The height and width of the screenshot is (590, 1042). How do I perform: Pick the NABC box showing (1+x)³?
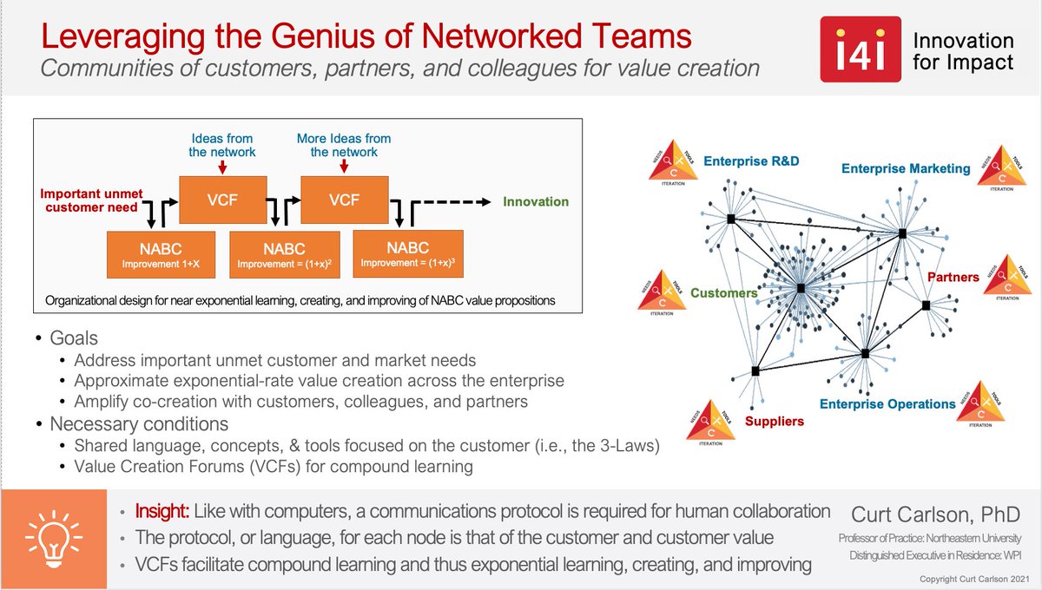(407, 253)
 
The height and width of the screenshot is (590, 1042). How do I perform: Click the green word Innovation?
(536, 201)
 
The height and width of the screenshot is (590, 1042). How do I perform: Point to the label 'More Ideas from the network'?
(344, 145)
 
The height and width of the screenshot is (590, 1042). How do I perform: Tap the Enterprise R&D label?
(751, 161)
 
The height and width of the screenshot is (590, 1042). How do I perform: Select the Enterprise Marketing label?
(906, 168)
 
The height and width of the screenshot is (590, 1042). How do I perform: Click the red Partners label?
(953, 278)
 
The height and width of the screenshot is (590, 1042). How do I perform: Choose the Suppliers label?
(775, 421)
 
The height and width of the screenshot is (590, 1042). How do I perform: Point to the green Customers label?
(723, 293)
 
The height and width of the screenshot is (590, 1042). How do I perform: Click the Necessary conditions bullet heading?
(139, 424)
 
